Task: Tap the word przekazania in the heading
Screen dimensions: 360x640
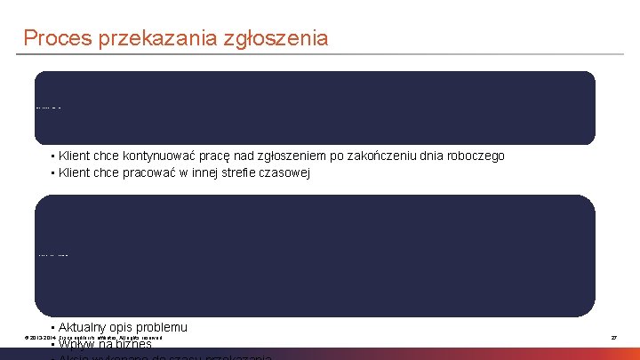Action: coord(151,38)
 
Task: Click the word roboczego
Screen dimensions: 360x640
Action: coord(475,156)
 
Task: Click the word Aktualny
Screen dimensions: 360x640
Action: coord(81,327)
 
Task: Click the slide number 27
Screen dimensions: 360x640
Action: coord(613,338)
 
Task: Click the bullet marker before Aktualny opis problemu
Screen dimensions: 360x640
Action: coord(52,328)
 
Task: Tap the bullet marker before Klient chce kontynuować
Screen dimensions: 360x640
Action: coord(52,156)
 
